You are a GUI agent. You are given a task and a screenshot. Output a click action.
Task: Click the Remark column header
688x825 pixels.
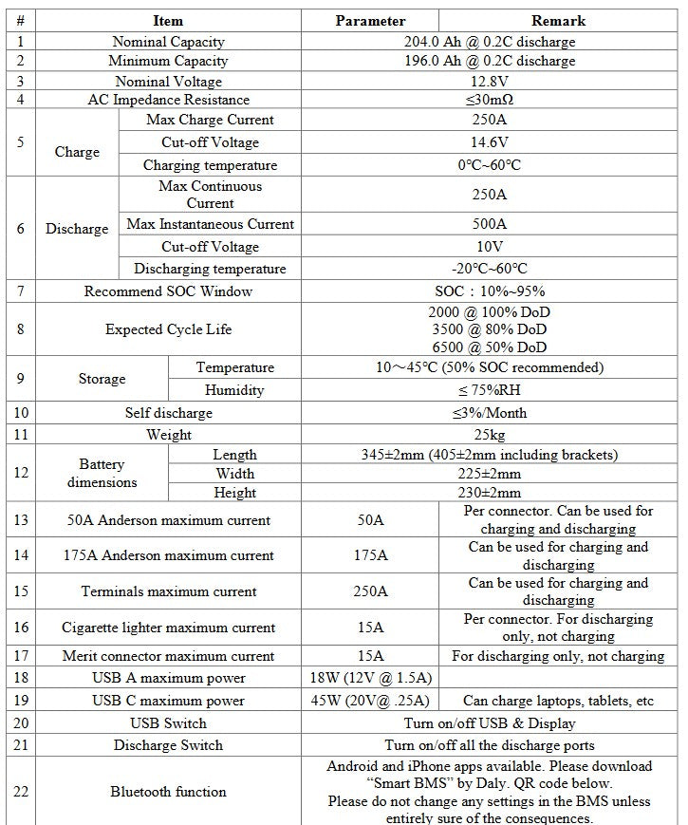pyautogui.click(x=558, y=20)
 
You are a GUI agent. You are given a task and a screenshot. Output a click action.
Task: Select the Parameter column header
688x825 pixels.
pyautogui.click(x=370, y=20)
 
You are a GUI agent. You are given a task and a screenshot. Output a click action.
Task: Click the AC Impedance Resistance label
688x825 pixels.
pyautogui.click(x=167, y=100)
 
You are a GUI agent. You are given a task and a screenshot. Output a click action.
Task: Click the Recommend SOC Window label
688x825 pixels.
pyautogui.click(x=168, y=291)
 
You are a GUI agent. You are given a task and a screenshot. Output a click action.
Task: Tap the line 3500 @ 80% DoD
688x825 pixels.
pyautogui.click(x=490, y=329)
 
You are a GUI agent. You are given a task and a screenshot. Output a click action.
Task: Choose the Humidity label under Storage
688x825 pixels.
pyautogui.click(x=234, y=390)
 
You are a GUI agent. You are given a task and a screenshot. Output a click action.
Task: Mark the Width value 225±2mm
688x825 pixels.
pyautogui.click(x=490, y=474)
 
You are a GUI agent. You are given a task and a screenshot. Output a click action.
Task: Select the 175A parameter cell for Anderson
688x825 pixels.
pyautogui.click(x=370, y=555)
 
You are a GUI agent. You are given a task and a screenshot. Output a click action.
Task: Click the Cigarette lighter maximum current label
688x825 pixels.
pyautogui.click(x=168, y=628)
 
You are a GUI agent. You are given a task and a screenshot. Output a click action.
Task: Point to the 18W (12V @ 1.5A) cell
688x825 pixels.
pyautogui.click(x=370, y=678)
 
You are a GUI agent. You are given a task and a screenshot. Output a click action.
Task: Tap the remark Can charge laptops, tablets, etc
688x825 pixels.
pyautogui.click(x=558, y=701)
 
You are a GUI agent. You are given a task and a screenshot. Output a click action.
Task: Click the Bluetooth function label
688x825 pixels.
pyautogui.click(x=168, y=791)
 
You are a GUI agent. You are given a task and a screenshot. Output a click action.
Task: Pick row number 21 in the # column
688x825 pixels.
pyautogui.click(x=21, y=745)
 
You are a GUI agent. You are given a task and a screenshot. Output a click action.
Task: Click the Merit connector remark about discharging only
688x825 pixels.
pyautogui.click(x=558, y=656)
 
